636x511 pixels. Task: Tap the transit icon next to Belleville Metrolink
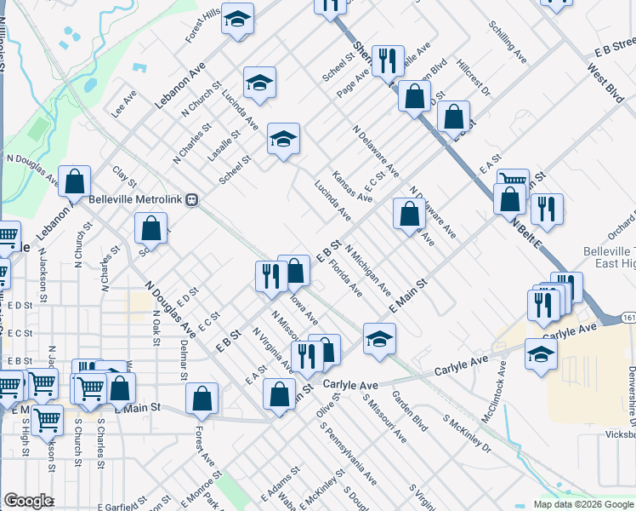193,200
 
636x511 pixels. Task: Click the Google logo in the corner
28,501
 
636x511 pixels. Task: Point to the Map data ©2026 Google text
582,504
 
